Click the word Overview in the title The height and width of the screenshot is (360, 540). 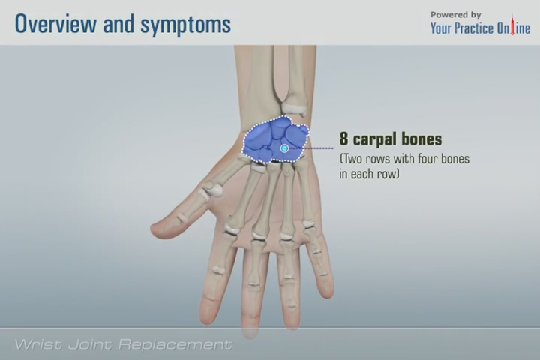tap(51, 24)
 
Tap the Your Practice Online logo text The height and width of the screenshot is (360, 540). tap(480, 28)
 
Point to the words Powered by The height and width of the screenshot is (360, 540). tap(456, 13)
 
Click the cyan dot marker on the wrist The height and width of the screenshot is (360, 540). tap(284, 148)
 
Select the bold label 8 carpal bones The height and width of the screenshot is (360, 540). tap(390, 139)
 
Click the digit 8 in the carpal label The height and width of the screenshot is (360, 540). tap(344, 139)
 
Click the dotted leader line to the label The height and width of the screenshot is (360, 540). tap(313, 148)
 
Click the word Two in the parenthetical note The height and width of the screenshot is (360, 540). tap(353, 160)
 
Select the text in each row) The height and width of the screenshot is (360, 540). tap(369, 174)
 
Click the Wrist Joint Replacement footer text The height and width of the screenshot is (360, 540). tap(122, 345)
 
